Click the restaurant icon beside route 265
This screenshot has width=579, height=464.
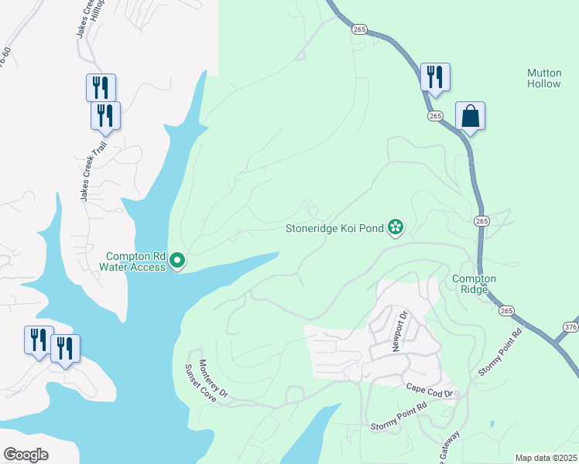point(435,77)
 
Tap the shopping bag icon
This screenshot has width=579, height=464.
point(470,116)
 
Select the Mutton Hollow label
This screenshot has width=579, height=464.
point(544,78)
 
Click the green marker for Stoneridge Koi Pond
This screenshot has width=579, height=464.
point(396,227)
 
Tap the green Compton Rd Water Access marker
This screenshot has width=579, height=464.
point(177,261)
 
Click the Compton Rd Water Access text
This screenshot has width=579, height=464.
point(135,261)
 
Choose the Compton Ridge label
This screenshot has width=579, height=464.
point(474,284)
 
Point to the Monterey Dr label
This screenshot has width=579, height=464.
point(214,379)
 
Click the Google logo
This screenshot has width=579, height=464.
point(26,455)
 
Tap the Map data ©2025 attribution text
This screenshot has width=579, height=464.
point(546,458)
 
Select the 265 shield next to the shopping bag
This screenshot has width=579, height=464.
point(434,116)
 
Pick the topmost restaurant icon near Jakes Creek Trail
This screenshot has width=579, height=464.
point(101,87)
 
